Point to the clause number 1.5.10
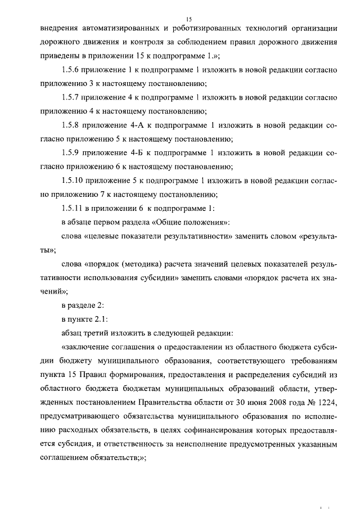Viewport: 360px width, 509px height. coord(73,181)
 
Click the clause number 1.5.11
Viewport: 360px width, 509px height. coord(73,208)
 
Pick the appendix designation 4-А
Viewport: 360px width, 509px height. coord(138,125)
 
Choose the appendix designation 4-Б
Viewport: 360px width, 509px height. coord(138,153)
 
